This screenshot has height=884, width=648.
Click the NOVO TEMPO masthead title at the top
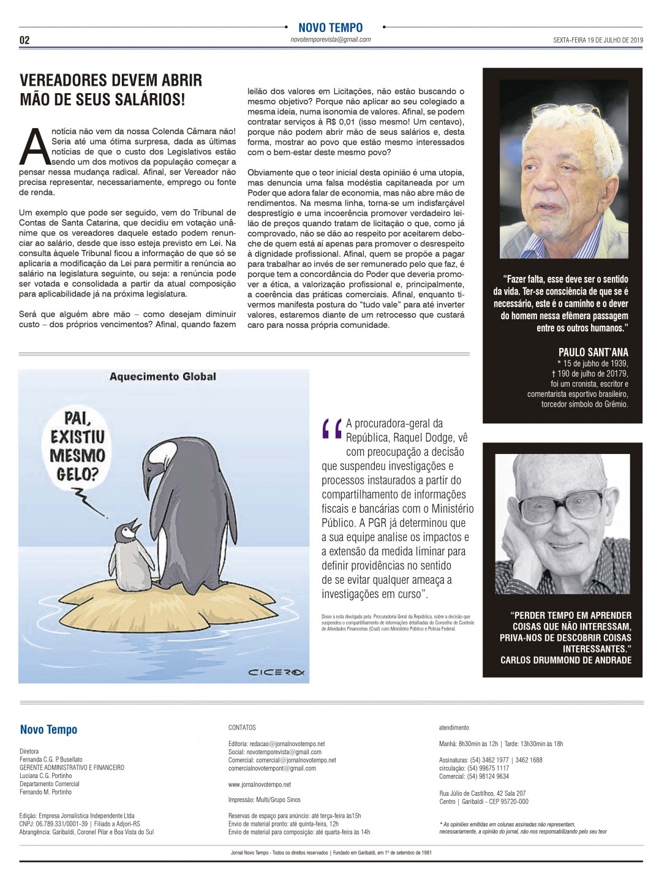point(330,28)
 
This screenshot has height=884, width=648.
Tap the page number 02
point(24,40)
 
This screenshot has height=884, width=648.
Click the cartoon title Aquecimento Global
point(162,376)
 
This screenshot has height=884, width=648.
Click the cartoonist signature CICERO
point(276,673)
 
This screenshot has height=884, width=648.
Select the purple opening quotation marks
point(331,428)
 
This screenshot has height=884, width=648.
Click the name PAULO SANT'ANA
point(593,352)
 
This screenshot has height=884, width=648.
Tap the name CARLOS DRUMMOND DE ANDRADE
point(565,660)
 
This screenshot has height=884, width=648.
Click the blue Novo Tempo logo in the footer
point(48,730)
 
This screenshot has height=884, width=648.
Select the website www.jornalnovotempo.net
point(260,784)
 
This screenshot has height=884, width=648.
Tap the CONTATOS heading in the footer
point(242,728)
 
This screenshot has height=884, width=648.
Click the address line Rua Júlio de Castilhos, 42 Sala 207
point(482,793)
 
